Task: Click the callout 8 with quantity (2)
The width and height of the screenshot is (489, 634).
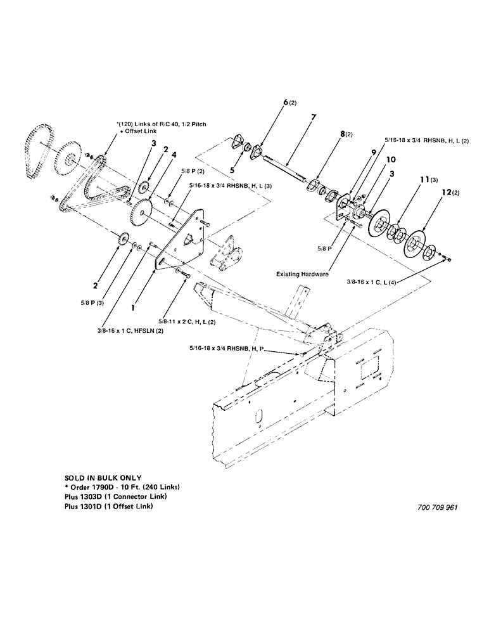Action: (x=345, y=134)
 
